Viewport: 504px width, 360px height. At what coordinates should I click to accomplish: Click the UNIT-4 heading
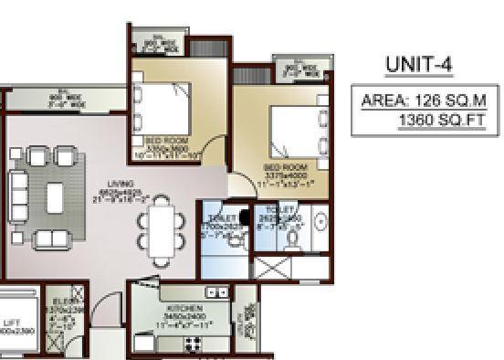coord(419,65)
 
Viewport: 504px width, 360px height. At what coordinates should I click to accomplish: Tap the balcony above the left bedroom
coord(158,41)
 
